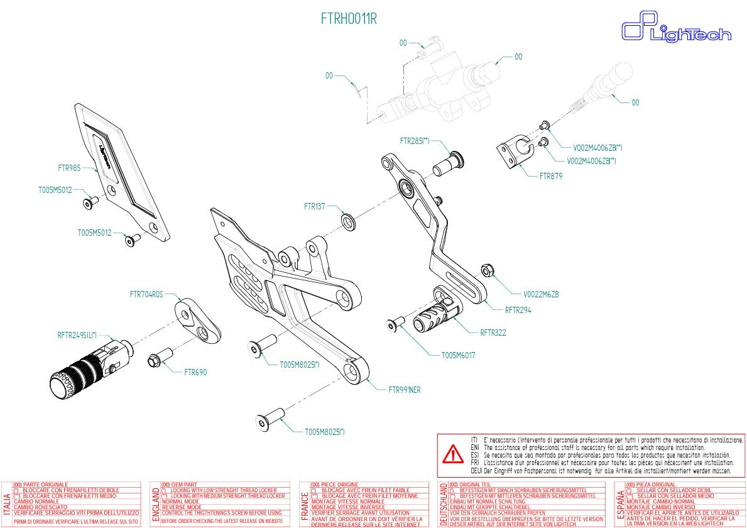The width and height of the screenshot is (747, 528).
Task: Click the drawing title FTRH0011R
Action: (349, 19)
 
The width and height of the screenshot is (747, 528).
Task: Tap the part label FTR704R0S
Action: (146, 294)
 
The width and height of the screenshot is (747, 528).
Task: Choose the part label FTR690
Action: (195, 372)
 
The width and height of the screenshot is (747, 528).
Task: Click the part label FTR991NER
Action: (405, 390)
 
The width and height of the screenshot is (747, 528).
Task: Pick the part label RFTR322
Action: (493, 333)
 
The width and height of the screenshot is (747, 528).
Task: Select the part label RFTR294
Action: (518, 309)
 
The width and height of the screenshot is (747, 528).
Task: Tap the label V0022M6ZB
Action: (541, 294)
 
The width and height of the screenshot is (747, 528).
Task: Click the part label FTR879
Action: (551, 176)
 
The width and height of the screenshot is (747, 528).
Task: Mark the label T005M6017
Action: (458, 355)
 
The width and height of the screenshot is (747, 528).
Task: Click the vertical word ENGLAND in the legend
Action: (155, 504)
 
